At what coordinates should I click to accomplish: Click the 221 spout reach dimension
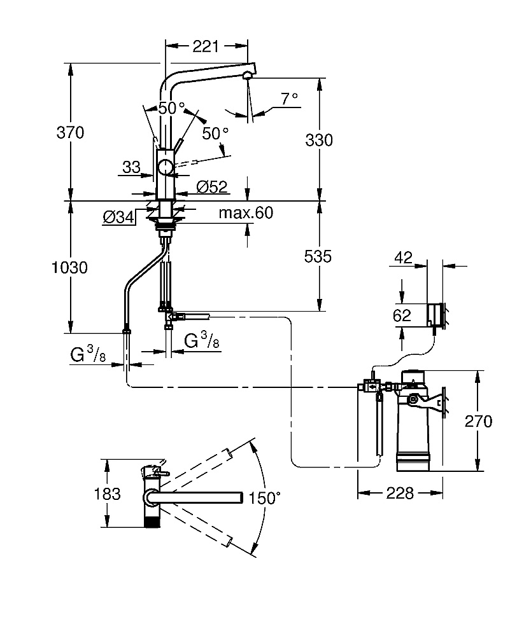pos(206,46)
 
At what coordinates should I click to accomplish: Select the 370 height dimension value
pos(70,132)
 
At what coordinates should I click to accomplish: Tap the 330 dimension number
pos(319,140)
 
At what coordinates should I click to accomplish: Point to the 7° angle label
pos(290,98)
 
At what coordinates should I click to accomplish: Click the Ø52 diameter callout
pos(212,186)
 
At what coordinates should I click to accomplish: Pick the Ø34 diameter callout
pos(118,218)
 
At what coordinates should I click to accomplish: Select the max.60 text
pos(246,212)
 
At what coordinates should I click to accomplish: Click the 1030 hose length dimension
pos(70,267)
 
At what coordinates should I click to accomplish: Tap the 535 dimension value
pos(318,256)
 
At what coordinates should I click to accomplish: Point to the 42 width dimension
pos(403,257)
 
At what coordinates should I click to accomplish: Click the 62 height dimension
pos(402,315)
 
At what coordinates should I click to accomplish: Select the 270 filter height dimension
pos(478,421)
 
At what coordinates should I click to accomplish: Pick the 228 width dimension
pos(400,494)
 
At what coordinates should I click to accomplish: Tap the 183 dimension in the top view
pos(107,494)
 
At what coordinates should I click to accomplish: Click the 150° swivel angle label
pos(264,498)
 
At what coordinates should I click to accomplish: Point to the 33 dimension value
pos(131,167)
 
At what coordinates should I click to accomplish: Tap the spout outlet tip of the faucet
pos(247,76)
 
